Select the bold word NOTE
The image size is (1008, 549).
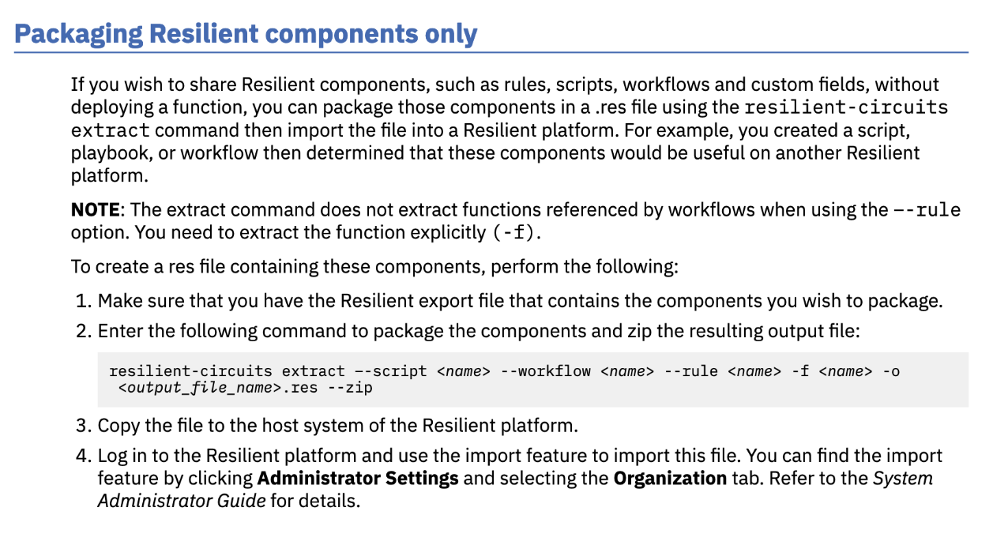[x=95, y=209]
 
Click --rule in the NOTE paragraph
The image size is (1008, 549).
[x=927, y=209]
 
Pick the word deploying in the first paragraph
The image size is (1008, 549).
[x=109, y=107]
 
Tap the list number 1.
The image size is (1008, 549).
[x=82, y=300]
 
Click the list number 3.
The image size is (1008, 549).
[x=82, y=426]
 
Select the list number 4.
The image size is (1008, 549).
[x=82, y=456]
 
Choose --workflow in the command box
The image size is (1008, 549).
[x=545, y=371]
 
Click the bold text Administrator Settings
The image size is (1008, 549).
[x=358, y=479]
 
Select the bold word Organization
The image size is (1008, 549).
[x=669, y=479]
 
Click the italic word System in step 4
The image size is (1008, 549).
[x=903, y=479]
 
